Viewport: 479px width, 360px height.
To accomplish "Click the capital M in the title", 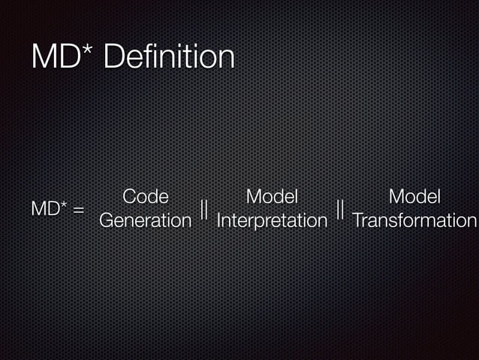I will click(x=44, y=58).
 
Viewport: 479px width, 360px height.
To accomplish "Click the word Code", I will click(x=145, y=197).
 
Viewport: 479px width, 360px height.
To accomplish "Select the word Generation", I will click(x=145, y=221).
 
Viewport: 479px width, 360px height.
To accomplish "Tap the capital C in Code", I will click(x=129, y=197).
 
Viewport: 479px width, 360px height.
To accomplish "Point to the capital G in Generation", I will click(x=106, y=221).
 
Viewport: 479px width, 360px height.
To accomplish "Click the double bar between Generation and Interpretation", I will click(x=204, y=209).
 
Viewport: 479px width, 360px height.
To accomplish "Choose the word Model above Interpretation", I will click(x=272, y=197).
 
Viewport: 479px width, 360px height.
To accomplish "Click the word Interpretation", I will click(x=272, y=221).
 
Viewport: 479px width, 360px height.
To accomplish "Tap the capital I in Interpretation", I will click(x=218, y=221).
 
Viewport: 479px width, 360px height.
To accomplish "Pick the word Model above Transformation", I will click(x=414, y=197).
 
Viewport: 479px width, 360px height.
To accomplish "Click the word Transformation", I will click(x=414, y=221).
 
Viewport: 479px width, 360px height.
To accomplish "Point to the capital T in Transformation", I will click(x=357, y=221).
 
